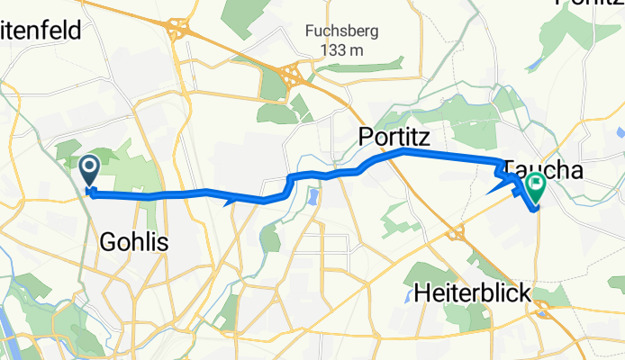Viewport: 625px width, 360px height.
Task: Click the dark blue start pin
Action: pos(90,167)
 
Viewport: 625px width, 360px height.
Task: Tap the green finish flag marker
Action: pos(537,187)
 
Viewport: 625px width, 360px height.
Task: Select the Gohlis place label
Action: pos(134,241)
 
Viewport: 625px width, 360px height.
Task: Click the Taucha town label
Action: pos(546,169)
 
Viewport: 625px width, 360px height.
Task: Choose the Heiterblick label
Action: pos(473,292)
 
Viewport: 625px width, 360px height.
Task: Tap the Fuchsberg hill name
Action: pos(340,31)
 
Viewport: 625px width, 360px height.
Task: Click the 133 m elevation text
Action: pos(340,49)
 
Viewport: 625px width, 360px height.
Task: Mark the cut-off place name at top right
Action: pos(591,4)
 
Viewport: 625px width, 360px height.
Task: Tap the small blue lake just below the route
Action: pos(312,195)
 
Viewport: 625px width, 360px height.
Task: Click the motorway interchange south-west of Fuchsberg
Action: pos(293,76)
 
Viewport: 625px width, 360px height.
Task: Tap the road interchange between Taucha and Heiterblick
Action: pos(456,233)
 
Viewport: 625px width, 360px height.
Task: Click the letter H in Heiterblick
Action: pos(422,292)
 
